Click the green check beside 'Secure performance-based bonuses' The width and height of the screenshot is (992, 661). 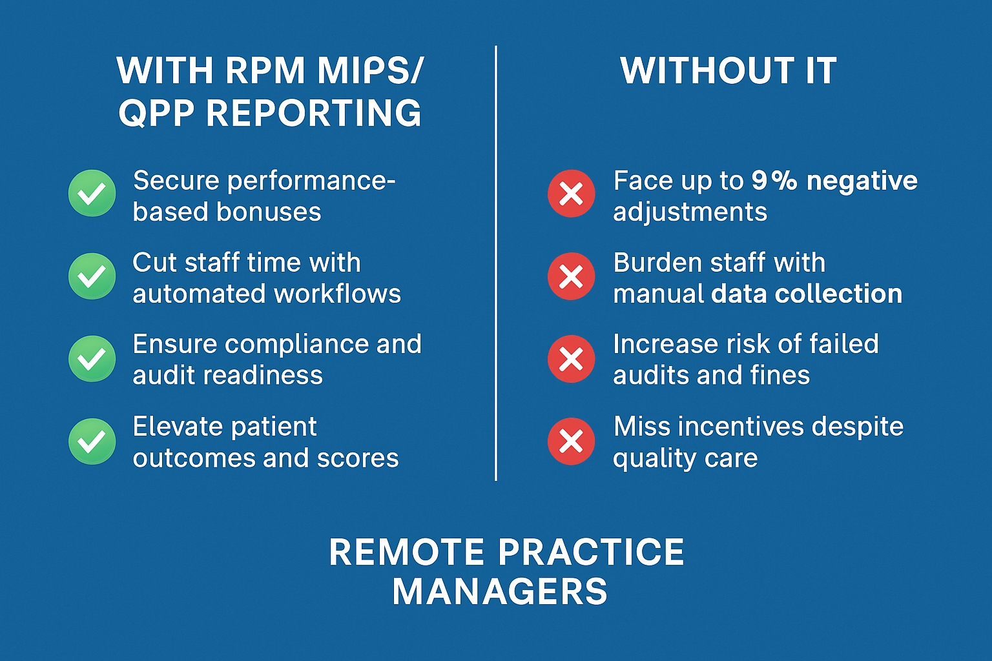[x=92, y=193]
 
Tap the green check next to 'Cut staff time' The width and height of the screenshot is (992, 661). [x=92, y=276]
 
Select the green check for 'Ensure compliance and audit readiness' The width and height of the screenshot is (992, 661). [x=92, y=359]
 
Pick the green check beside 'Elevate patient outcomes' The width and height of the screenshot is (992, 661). [x=92, y=442]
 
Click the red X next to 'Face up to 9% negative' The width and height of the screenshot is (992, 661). [x=572, y=194]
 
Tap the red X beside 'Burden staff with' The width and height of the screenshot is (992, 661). [x=572, y=276]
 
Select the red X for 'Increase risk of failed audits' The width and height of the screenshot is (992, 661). [x=572, y=359]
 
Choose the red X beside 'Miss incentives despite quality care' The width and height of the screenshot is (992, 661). [x=572, y=442]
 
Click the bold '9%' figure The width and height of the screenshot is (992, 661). [x=774, y=181]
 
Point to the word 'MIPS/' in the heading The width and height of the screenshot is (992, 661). [x=371, y=70]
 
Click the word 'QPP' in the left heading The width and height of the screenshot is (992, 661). [x=156, y=113]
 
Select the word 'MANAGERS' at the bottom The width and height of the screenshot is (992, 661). [x=500, y=591]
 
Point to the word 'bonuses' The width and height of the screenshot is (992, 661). [x=269, y=212]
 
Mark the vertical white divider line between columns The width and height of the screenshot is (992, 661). [x=496, y=263]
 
